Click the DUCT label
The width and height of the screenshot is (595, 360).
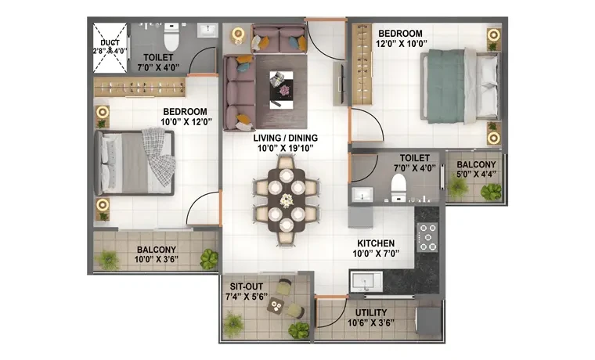110,43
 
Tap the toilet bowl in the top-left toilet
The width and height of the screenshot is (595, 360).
171,38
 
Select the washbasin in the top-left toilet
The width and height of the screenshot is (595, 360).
207,31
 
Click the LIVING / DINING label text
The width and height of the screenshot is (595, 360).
285,138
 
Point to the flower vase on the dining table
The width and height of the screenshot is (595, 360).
287,200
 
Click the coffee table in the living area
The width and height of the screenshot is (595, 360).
281,88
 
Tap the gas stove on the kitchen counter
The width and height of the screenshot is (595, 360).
427,237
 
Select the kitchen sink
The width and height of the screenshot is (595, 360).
366,282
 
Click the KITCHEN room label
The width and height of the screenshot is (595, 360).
376,243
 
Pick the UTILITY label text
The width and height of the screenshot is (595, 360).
371,313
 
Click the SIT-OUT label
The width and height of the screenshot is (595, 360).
247,286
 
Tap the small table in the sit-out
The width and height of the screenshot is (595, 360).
276,305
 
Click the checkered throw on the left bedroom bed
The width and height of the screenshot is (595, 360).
160,156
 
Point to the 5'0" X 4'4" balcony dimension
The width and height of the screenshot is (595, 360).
476,175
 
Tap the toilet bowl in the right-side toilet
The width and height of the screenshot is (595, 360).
398,187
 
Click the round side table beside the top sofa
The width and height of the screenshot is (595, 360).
238,34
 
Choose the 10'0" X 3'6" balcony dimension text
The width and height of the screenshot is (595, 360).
157,260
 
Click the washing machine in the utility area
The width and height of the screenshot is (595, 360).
428,321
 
